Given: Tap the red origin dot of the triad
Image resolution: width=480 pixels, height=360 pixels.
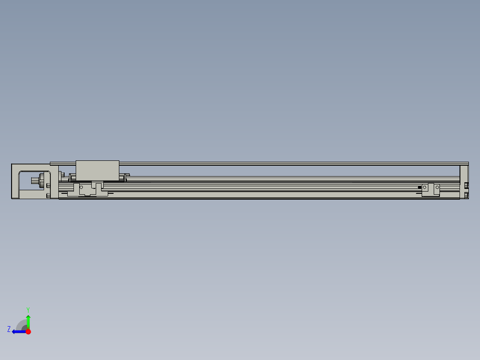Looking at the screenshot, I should tap(28, 331).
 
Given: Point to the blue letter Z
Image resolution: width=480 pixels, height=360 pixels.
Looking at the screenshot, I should tap(9, 329).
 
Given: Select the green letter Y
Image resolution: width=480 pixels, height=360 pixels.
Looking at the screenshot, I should tap(28, 309).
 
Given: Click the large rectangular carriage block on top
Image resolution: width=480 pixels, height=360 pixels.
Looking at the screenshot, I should tap(98, 170).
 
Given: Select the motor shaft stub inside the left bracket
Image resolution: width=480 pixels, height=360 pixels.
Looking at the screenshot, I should tap(34, 181).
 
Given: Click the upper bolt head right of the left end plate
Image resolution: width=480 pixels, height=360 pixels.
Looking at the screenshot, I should tap(62, 174).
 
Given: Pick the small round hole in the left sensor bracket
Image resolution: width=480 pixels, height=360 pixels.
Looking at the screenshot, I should tap(81, 187).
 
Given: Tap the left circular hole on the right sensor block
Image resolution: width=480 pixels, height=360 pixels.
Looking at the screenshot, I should tap(425, 188).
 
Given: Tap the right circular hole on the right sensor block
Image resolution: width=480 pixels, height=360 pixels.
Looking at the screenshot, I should tap(437, 188).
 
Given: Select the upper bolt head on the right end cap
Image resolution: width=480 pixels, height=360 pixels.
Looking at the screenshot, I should tap(466, 185).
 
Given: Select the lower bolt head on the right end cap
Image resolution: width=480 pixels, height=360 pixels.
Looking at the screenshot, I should tap(466, 195).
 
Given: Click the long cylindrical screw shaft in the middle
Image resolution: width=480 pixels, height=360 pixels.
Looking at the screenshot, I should tap(289, 178).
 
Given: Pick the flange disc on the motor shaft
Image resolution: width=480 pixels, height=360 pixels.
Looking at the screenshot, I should tap(42, 181).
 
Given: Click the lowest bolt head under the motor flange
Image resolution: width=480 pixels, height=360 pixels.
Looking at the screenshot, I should tap(48, 195).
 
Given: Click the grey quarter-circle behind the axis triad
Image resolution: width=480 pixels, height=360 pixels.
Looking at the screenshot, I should tap(21, 325).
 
